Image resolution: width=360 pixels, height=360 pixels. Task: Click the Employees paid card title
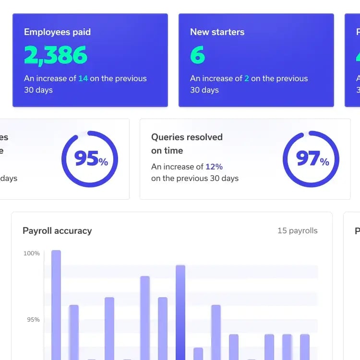[x=57, y=32]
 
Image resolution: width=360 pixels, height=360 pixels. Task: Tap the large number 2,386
[x=56, y=56]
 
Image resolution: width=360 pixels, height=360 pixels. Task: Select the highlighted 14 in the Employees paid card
[x=83, y=78]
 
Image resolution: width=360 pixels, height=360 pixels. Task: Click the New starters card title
[x=217, y=32]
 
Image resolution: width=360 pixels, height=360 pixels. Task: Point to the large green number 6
[x=197, y=56]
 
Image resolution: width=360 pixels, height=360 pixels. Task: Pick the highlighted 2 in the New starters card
[x=247, y=78]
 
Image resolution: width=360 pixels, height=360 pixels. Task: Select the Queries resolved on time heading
[x=187, y=144]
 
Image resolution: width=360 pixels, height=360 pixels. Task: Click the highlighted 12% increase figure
[x=214, y=167]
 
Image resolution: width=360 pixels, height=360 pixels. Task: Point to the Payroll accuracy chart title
[x=57, y=231]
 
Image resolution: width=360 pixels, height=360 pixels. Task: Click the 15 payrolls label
[x=298, y=231]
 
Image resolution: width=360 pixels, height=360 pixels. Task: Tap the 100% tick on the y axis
[x=32, y=253]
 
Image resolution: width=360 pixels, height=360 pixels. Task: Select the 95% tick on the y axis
[x=33, y=320]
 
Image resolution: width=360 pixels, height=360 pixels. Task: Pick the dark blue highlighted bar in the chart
[x=180, y=312]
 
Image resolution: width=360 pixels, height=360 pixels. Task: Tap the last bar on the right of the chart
[x=305, y=347]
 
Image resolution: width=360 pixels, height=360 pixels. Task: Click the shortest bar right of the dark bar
[x=198, y=354]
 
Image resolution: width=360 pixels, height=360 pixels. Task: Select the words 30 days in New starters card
[x=204, y=90]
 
